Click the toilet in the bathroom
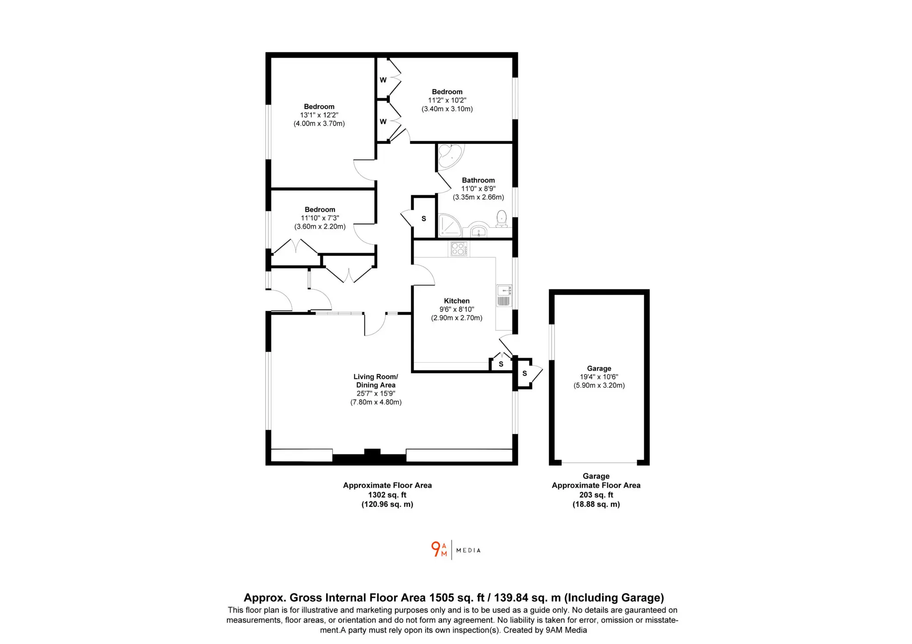tap(501, 219)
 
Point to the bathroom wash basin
tap(479, 230)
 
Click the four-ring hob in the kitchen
tap(458, 249)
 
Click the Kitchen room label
tap(456, 301)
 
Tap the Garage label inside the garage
tap(599, 369)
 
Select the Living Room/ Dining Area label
tap(376, 381)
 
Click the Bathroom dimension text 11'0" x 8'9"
tap(478, 189)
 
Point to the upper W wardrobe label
tap(383, 80)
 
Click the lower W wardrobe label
tap(383, 122)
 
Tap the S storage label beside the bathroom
tap(424, 219)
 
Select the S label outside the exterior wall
tap(525, 373)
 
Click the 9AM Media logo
tap(456, 550)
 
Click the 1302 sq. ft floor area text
tap(387, 495)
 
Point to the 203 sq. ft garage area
tap(596, 495)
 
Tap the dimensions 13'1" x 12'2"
tap(319, 115)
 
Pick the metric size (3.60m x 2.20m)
tap(320, 227)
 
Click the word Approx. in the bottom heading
tap(265, 598)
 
